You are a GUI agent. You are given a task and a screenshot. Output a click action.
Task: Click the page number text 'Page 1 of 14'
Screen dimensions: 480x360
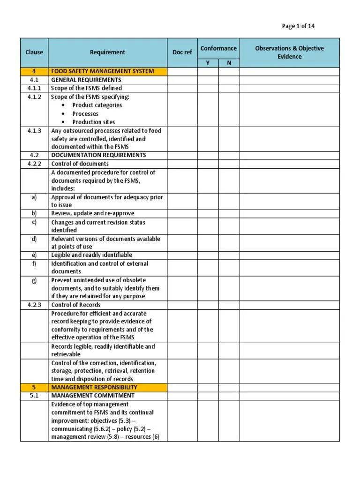click(298, 26)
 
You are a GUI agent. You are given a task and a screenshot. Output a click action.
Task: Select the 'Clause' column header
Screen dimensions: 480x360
click(34, 52)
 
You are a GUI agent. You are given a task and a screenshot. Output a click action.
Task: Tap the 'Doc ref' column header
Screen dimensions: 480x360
click(182, 52)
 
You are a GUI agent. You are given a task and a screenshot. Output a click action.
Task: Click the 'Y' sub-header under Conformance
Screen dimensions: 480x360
click(208, 63)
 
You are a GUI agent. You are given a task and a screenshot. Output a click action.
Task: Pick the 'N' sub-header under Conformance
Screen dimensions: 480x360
click(229, 63)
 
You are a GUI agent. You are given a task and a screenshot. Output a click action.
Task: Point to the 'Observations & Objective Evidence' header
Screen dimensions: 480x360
click(289, 52)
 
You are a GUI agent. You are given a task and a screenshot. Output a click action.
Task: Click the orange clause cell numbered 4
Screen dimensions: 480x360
click(34, 71)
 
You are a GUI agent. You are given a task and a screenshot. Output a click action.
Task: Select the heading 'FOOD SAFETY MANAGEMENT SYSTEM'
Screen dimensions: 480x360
click(102, 71)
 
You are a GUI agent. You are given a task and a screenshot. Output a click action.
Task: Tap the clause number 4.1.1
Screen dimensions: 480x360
click(34, 88)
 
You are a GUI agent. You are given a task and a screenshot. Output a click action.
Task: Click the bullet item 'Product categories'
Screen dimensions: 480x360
click(97, 105)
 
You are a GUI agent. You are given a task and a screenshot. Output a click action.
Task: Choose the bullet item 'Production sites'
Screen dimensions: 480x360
click(93, 122)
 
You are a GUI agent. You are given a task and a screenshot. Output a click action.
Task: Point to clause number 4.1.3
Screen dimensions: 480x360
click(34, 131)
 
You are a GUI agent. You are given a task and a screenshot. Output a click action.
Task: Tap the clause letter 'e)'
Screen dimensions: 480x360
click(34, 255)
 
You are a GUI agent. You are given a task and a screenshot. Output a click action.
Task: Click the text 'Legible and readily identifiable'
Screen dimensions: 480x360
click(91, 255)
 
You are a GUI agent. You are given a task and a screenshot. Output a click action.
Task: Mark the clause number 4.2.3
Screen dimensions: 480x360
click(34, 305)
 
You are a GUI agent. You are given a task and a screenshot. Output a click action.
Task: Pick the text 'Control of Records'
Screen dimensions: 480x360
click(75, 305)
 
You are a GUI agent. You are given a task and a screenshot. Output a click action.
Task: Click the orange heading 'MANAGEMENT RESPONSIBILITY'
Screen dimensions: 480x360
click(94, 387)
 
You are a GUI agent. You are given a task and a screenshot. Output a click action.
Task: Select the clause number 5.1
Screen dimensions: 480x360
click(34, 396)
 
